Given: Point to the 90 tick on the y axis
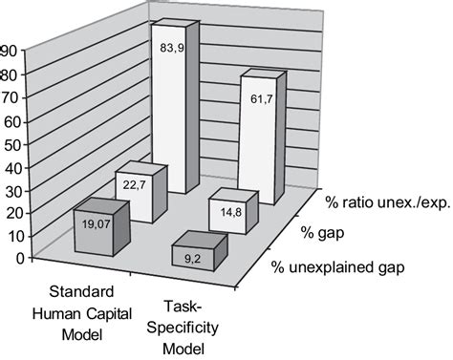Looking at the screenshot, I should point(9,53).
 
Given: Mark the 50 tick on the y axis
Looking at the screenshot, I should point(9,144).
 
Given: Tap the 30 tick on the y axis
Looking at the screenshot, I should point(9,190).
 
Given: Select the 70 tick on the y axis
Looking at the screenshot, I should point(9,98).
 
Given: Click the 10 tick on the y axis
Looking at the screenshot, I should point(9,236).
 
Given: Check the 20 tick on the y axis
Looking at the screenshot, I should point(9,213).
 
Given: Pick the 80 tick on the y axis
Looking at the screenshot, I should point(9,75).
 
